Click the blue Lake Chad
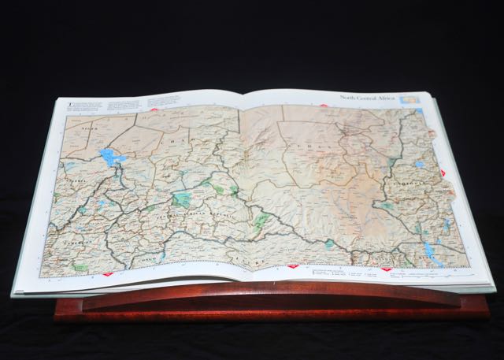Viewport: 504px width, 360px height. click(109, 157)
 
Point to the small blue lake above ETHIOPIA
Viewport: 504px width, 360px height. click(419, 165)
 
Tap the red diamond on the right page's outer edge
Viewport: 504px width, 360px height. click(443, 173)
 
